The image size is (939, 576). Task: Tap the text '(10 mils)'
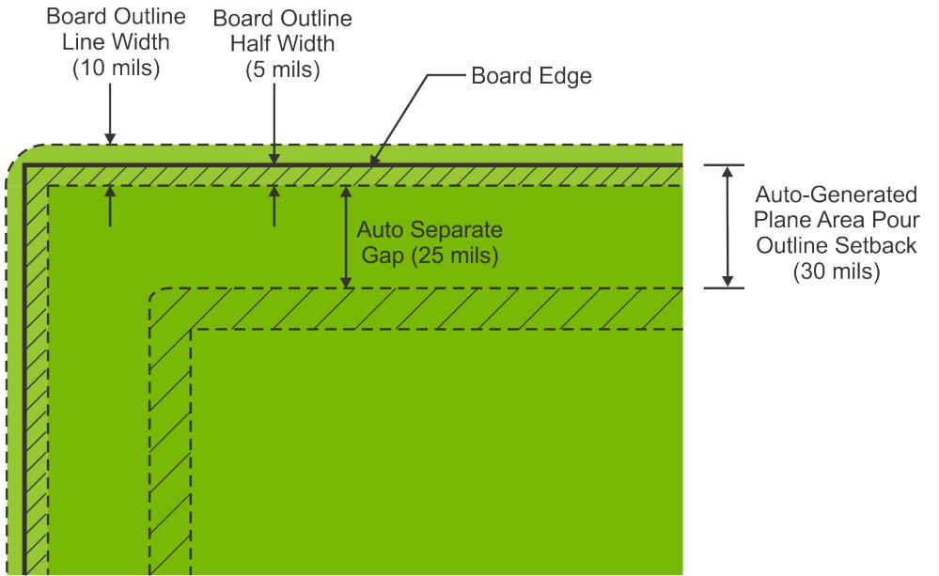(x=110, y=70)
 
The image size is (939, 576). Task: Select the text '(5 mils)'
(x=274, y=70)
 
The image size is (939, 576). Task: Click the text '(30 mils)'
(x=835, y=272)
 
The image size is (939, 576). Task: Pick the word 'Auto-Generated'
(x=835, y=196)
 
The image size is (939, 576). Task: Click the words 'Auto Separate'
(x=416, y=229)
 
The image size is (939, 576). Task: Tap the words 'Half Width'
(x=274, y=45)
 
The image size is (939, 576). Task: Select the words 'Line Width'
(x=110, y=45)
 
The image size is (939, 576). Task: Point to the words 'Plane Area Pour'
(x=835, y=222)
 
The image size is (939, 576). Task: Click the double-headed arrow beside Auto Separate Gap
(x=346, y=236)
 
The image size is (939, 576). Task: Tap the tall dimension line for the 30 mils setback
(x=726, y=226)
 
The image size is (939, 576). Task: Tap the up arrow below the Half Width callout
(x=274, y=204)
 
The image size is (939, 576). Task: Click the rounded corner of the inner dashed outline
(x=157, y=295)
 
